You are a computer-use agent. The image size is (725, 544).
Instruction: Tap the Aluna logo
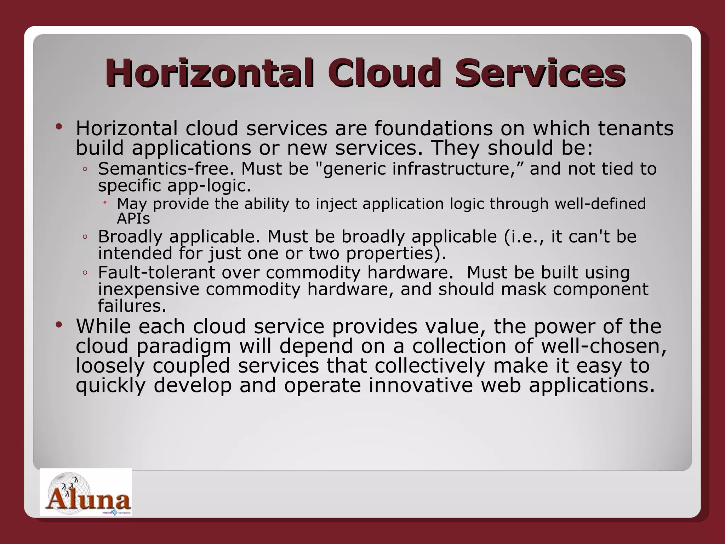tap(86, 492)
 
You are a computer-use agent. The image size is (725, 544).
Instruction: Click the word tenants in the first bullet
tap(635, 128)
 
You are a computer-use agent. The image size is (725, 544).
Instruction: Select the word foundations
tap(433, 128)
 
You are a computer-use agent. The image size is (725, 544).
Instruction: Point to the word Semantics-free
tap(166, 169)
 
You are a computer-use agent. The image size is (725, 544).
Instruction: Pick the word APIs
tap(133, 219)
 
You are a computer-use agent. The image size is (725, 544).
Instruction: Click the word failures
tap(132, 306)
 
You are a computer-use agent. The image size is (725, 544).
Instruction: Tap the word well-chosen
tap(603, 346)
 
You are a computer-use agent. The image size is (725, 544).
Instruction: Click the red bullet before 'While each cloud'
tap(59, 324)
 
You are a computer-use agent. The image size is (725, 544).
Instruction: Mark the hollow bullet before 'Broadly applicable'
tap(85, 237)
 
